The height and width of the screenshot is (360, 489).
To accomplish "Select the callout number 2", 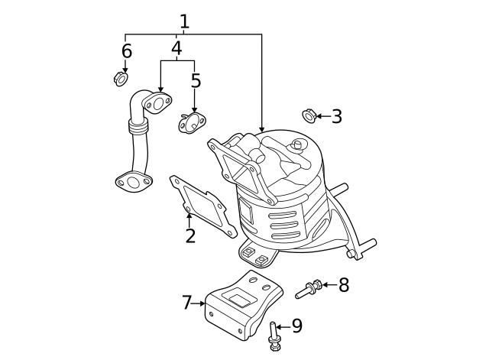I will tap(190, 235).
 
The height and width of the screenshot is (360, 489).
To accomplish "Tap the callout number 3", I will tap(336, 117).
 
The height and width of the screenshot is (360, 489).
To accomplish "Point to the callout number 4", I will tap(176, 49).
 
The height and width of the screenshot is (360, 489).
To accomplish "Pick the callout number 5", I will tap(196, 81).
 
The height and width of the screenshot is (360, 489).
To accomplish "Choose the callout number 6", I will tap(126, 51).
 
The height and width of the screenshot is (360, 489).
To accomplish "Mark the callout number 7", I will tap(187, 303).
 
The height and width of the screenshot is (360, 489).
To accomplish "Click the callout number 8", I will tap(344, 285).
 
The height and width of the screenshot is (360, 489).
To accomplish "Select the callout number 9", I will tap(296, 326).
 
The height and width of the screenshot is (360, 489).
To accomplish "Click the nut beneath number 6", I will tap(121, 79).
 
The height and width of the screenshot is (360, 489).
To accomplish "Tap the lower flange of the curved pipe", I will tap(134, 182).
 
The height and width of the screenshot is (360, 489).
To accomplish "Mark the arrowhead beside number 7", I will tap(202, 303).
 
